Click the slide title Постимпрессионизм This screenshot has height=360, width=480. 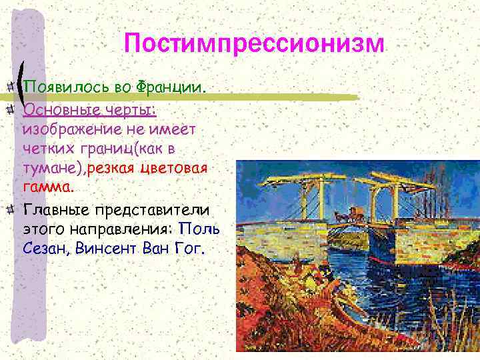[254, 44]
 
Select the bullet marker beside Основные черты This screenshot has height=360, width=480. [11, 107]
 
